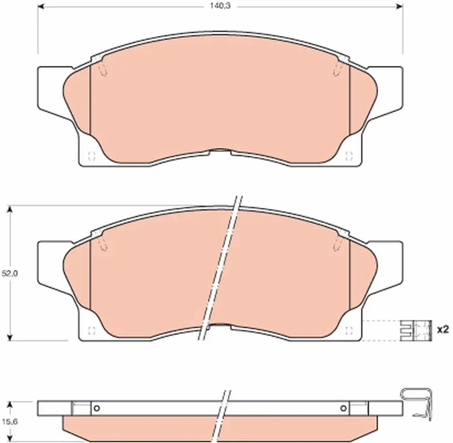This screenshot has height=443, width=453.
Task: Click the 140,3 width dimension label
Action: click(x=220, y=6)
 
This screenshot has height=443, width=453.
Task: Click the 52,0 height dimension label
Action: click(x=9, y=274)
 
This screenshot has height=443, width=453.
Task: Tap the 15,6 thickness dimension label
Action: click(x=9, y=421)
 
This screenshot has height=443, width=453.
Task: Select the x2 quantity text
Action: click(x=442, y=329)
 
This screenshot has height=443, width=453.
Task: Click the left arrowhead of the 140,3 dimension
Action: click(x=41, y=6)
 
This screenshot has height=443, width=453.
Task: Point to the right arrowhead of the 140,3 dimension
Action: click(x=399, y=6)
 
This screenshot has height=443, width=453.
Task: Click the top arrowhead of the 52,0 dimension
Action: click(x=11, y=209)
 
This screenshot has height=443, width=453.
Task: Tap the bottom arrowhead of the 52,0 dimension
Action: click(x=11, y=338)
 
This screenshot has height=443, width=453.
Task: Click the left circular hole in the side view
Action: click(x=97, y=408)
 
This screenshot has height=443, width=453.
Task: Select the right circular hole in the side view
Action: click(x=343, y=408)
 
